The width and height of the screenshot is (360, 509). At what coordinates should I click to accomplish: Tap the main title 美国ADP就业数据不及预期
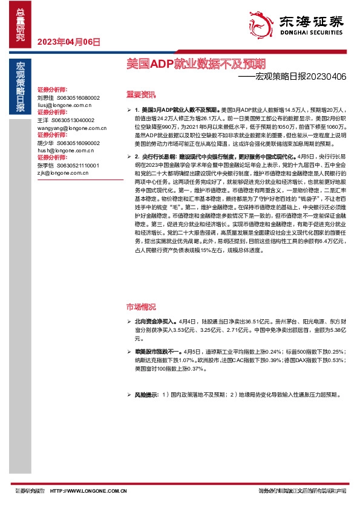click(x=195, y=63)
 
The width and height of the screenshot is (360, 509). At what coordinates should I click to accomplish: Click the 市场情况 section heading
click(x=140, y=306)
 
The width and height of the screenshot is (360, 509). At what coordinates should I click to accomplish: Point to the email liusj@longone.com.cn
click(x=63, y=105)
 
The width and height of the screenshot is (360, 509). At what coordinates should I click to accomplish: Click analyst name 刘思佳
click(x=45, y=97)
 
